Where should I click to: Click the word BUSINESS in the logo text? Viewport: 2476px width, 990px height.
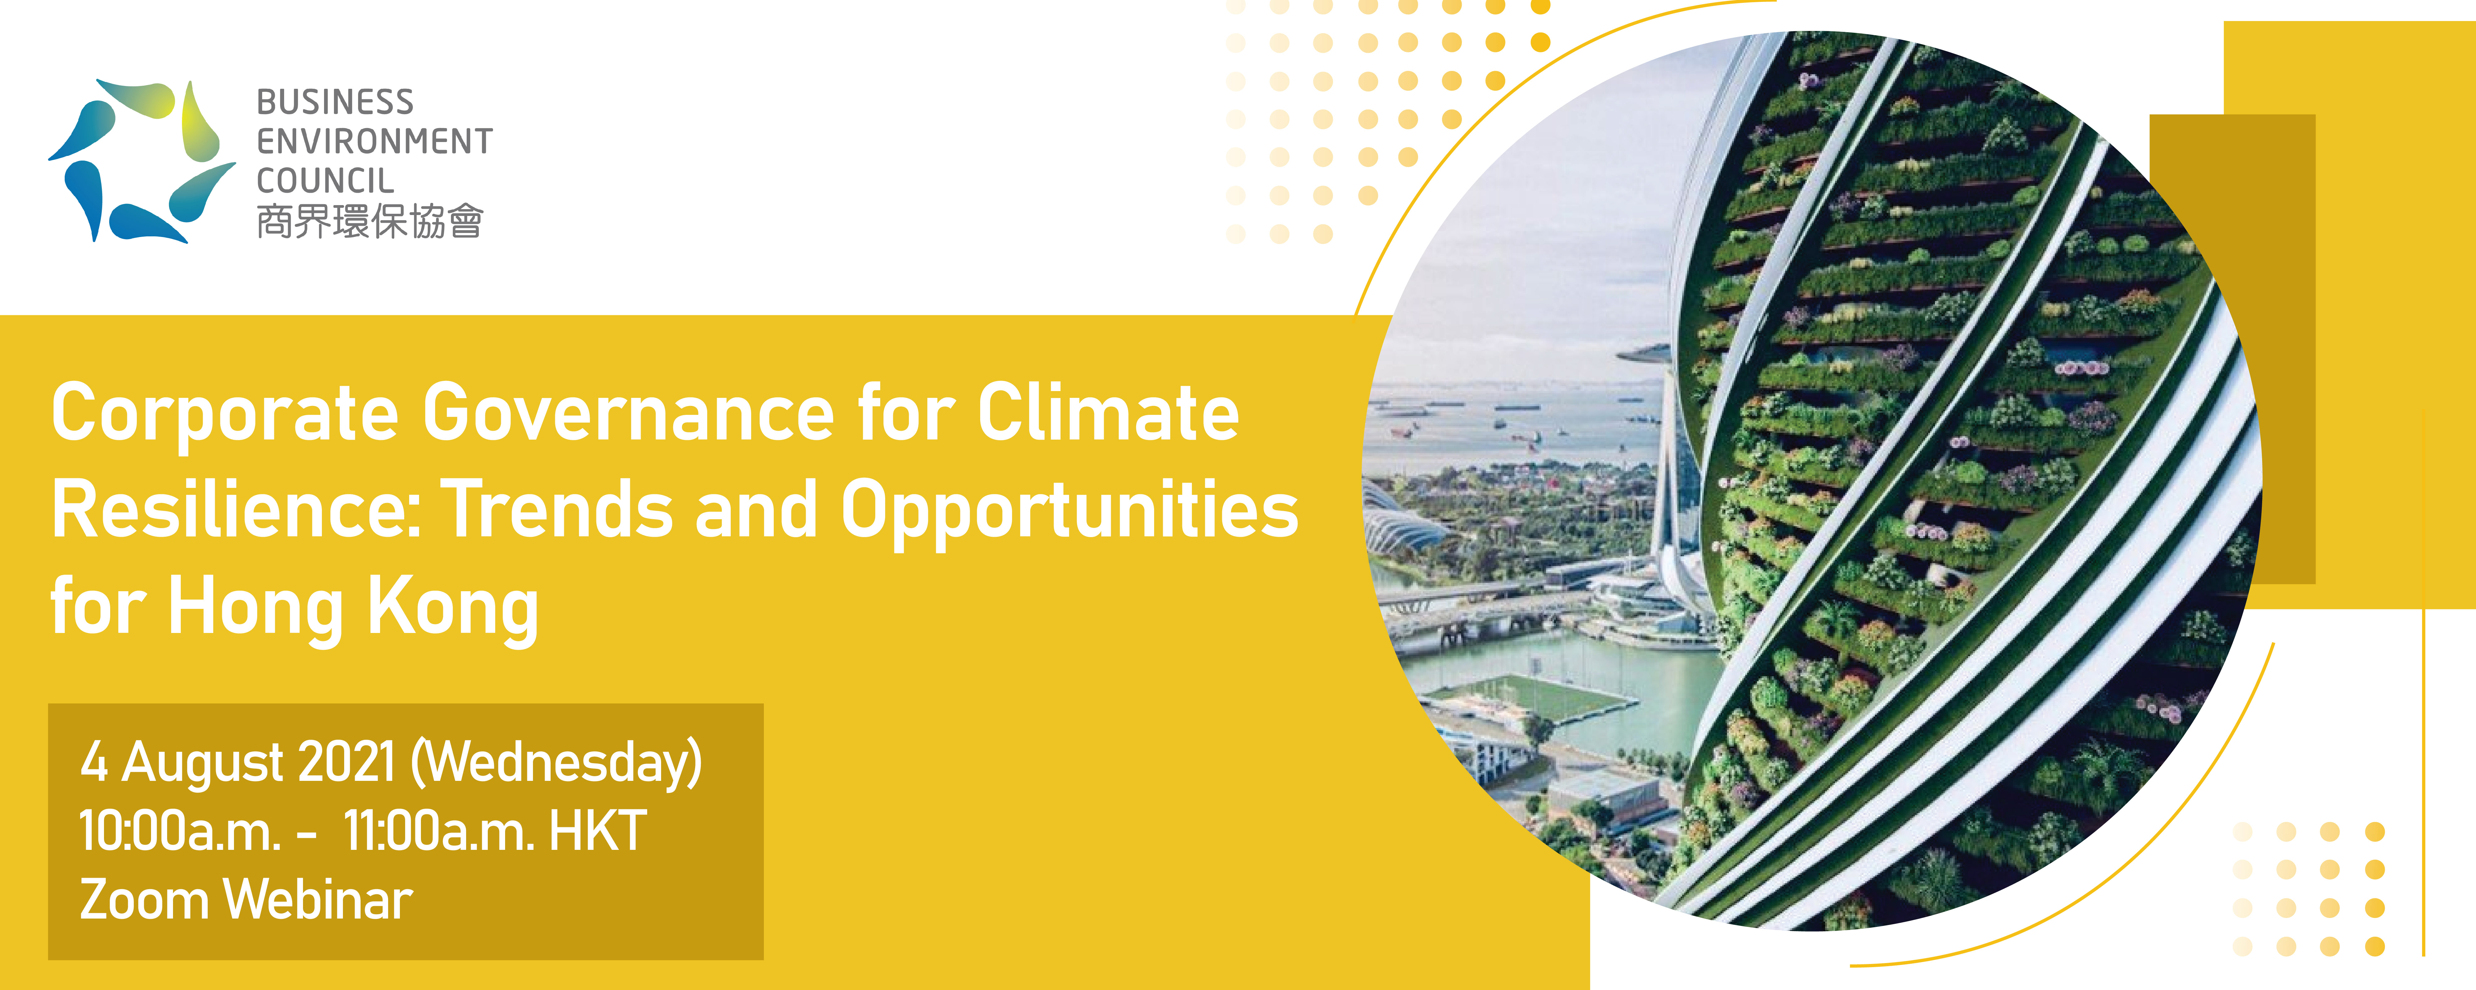pos(335,102)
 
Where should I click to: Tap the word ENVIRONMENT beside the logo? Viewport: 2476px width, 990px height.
pos(374,141)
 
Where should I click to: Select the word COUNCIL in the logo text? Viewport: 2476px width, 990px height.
pos(325,181)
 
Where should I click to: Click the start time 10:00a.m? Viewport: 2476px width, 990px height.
pos(180,831)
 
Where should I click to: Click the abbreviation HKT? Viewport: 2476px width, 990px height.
pos(597,831)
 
